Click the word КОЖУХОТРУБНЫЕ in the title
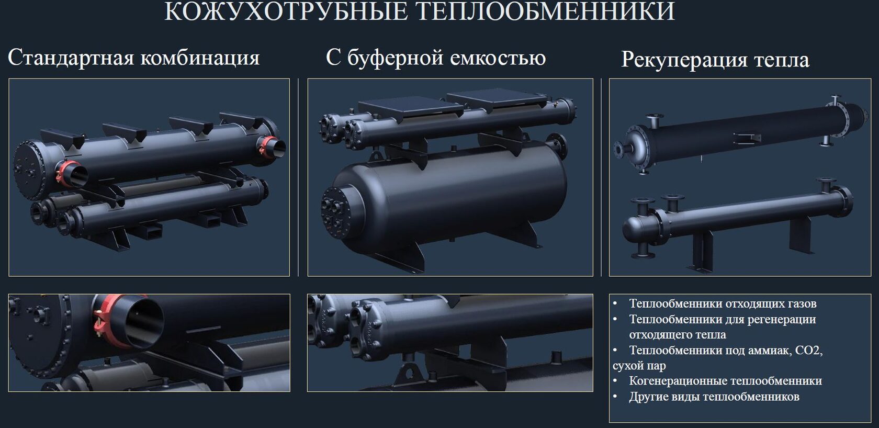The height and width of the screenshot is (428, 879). (286, 11)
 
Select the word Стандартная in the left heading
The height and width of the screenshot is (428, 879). (71, 58)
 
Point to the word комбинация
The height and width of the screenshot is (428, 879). (200, 58)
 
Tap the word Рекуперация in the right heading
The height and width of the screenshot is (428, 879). (684, 60)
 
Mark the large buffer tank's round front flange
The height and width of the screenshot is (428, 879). (336, 212)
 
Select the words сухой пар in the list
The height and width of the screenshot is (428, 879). (639, 366)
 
